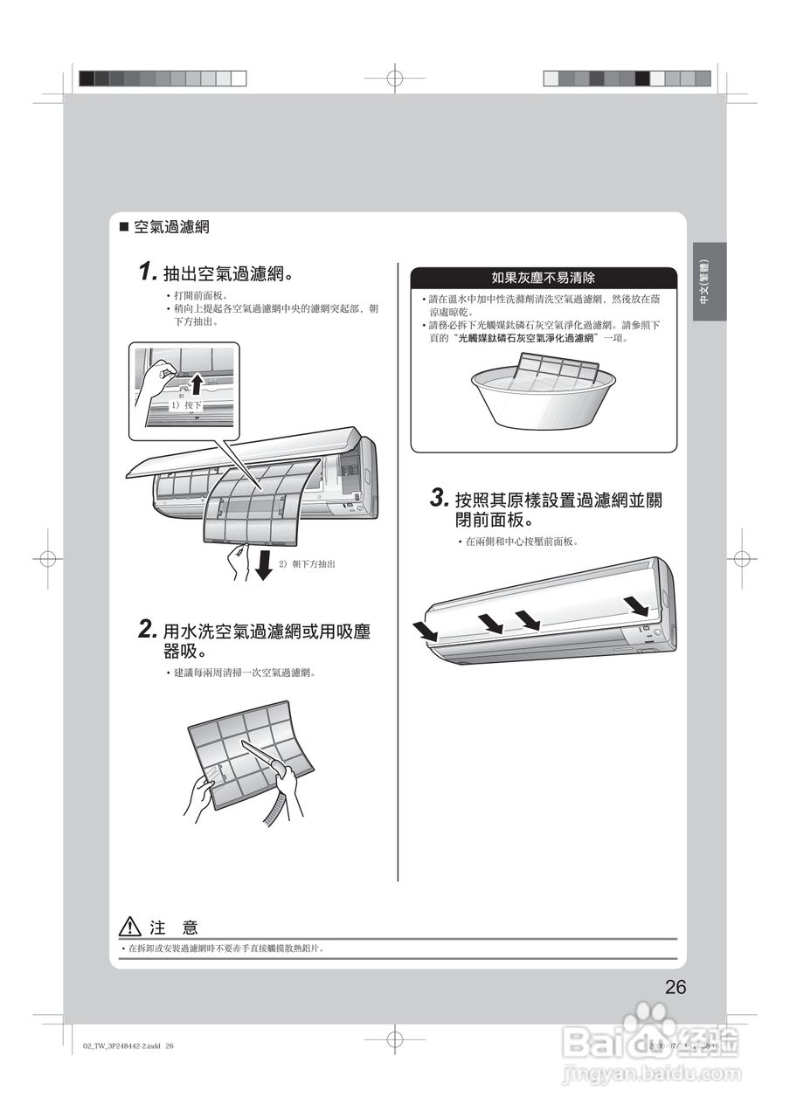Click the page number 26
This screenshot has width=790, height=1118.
click(675, 987)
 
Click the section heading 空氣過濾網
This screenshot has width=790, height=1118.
click(170, 227)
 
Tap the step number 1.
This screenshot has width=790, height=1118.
click(147, 273)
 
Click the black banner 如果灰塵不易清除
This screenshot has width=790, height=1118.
click(544, 278)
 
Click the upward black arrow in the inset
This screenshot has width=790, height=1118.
click(197, 383)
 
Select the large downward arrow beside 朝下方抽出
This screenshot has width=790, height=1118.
click(263, 563)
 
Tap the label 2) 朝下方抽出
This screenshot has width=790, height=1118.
click(307, 564)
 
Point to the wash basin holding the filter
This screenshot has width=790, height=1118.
click(543, 397)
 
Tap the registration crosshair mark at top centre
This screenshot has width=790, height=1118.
click(395, 79)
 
